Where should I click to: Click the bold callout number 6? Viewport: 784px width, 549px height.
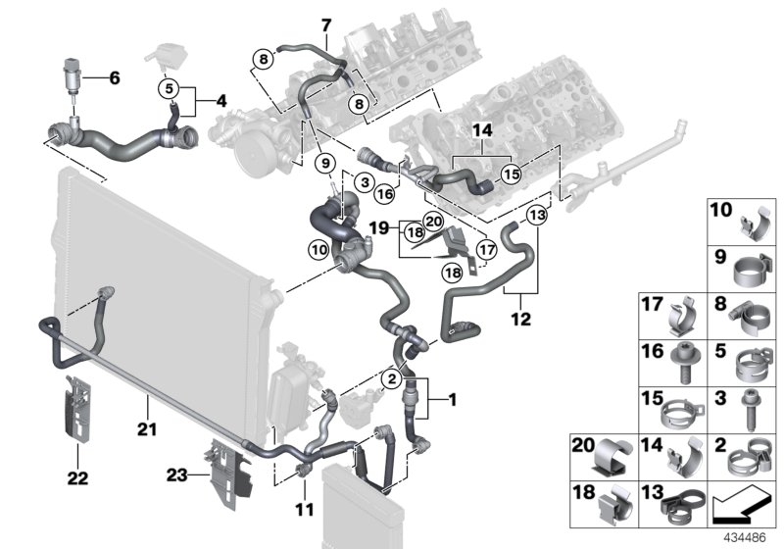pos(114,77)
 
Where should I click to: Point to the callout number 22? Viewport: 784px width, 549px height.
pos(77,477)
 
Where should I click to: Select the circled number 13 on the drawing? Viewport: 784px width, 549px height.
pos(536,216)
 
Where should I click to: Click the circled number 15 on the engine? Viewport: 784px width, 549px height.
pos(510,174)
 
